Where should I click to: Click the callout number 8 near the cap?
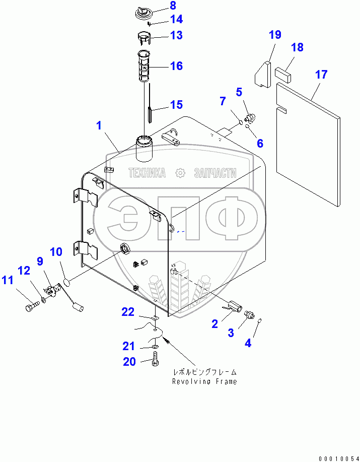[x=159, y=6]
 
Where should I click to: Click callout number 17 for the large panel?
[x=321, y=75]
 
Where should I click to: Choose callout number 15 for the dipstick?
[x=176, y=105]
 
